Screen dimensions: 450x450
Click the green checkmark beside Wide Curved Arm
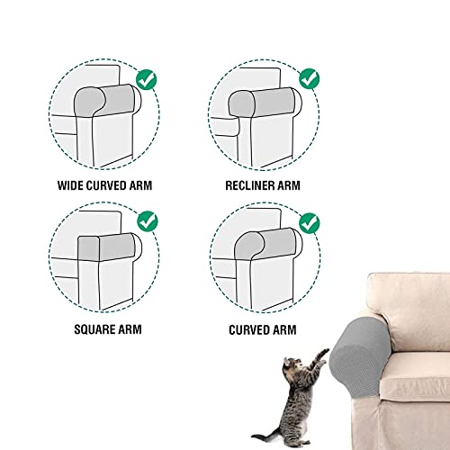(147, 79)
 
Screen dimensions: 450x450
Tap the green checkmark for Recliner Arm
(310, 79)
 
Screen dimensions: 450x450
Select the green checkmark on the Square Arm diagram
(148, 220)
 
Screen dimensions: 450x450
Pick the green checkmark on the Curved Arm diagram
(310, 223)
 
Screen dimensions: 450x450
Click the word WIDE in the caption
(70, 185)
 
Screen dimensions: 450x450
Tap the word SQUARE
(93, 329)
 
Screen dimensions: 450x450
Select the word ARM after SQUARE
(130, 329)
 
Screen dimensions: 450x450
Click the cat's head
(292, 364)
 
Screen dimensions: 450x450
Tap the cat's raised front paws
(323, 355)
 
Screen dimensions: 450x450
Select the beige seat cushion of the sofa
(416, 376)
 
